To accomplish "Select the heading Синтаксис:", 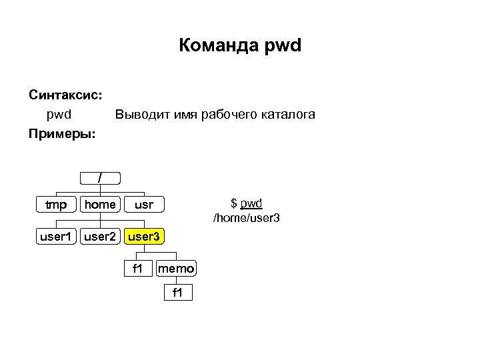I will [x=65, y=95].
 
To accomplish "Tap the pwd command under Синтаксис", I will [x=59, y=115].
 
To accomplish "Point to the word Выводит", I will [x=142, y=115].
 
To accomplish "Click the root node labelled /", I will [x=100, y=178].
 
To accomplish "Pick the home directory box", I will [x=100, y=204].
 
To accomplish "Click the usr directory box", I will [x=143, y=204].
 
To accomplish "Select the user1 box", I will [x=56, y=236].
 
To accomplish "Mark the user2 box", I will [x=100, y=236].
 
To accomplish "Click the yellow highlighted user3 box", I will [x=144, y=236].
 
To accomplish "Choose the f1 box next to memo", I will [x=137, y=269].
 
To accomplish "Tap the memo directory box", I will [x=176, y=269].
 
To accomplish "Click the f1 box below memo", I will [x=177, y=293].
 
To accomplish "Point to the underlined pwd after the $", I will [x=251, y=203].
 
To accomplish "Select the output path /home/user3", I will [x=246, y=217].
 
